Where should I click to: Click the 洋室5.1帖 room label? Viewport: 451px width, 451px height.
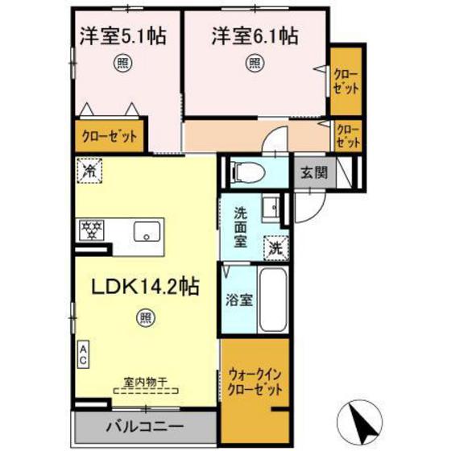(122, 36)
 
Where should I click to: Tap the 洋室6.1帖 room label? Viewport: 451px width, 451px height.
(255, 36)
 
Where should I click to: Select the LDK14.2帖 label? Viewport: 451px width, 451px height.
(145, 286)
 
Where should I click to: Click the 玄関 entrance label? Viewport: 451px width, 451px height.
(314, 172)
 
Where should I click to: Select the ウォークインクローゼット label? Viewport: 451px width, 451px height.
(255, 382)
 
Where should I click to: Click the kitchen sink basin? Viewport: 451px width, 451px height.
(147, 231)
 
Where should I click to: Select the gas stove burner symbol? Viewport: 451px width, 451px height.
(90, 231)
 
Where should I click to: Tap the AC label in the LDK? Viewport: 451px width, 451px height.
(84, 354)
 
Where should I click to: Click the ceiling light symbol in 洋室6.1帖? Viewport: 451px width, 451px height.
(255, 62)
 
